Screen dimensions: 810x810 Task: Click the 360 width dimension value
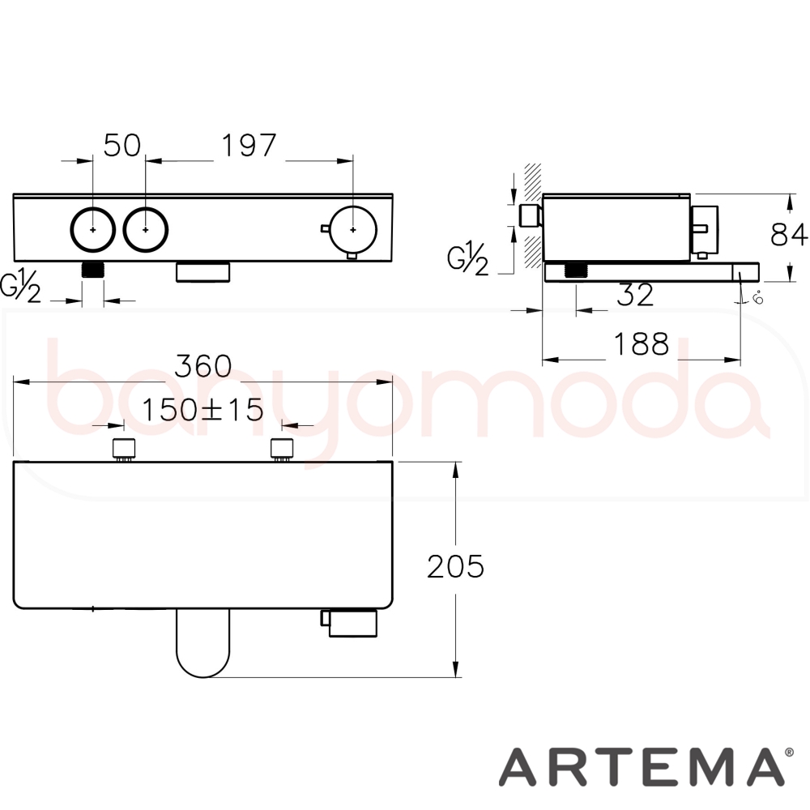click(x=203, y=366)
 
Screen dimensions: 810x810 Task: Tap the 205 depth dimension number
click(x=455, y=566)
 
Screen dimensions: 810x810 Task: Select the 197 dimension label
click(x=249, y=145)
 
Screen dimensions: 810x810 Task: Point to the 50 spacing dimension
click(x=122, y=145)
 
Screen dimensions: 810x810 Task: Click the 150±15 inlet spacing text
click(x=202, y=410)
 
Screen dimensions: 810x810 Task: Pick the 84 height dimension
click(x=788, y=234)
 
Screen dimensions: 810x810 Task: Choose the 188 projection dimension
click(x=641, y=343)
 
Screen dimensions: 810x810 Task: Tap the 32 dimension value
click(x=635, y=295)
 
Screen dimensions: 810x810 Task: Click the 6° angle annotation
click(x=758, y=297)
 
